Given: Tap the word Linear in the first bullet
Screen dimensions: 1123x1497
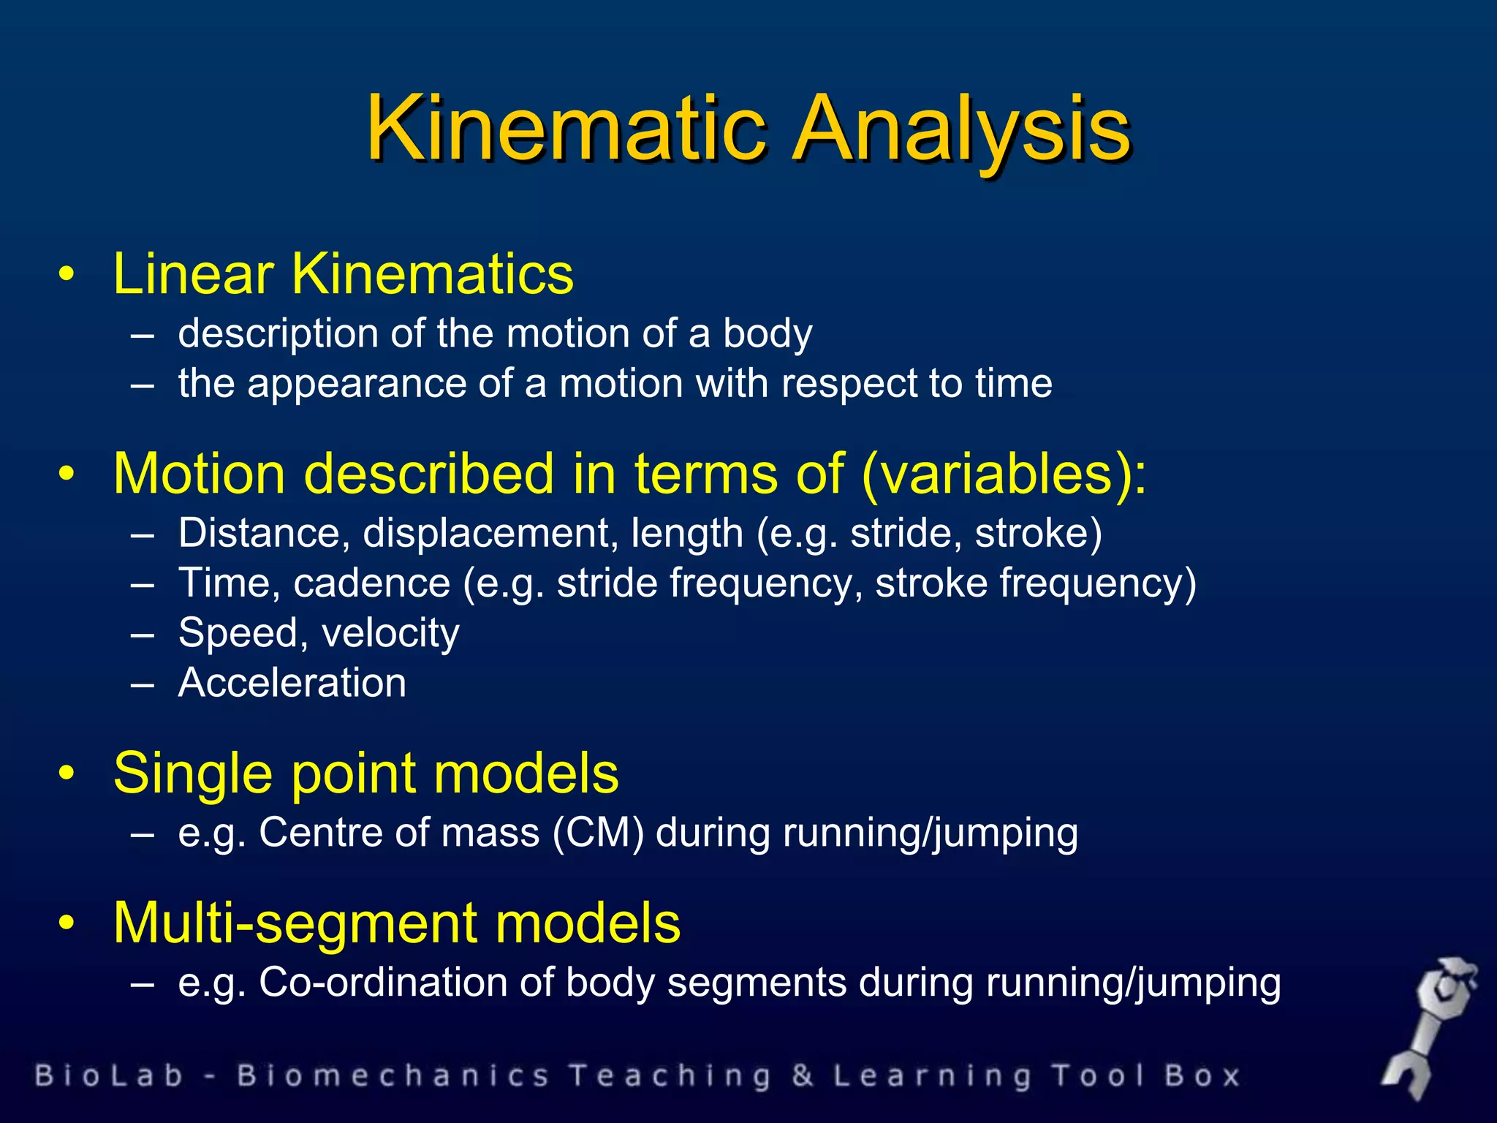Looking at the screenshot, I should (x=193, y=273).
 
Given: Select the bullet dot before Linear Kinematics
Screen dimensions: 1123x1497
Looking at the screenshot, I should (x=67, y=275).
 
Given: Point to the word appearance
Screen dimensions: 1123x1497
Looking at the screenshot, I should (x=357, y=383).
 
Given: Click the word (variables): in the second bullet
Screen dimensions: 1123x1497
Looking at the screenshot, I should (x=1004, y=474).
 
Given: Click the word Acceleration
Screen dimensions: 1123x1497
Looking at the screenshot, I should (x=292, y=683).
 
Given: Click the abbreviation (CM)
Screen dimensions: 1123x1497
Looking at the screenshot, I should (x=598, y=833).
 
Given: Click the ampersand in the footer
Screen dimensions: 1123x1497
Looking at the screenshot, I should (x=802, y=1076).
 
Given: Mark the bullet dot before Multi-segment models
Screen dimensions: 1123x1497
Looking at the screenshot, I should (x=67, y=923).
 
